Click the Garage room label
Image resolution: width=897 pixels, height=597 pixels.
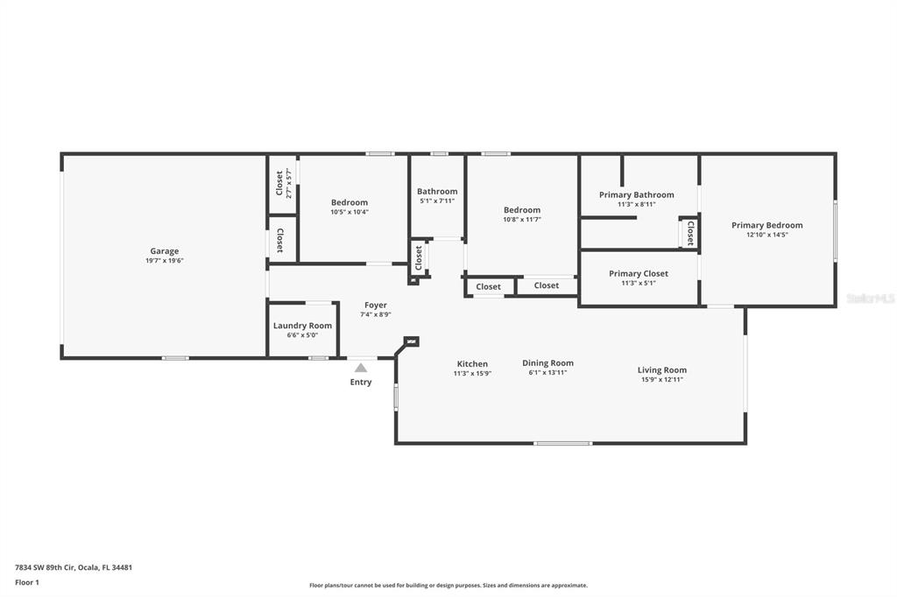[164, 251]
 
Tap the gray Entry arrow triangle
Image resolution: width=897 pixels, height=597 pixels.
[360, 369]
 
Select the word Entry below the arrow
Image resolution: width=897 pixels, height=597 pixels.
[360, 382]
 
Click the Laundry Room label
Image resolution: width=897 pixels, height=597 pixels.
[302, 326]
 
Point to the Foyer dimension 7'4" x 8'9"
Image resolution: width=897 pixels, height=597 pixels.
[375, 314]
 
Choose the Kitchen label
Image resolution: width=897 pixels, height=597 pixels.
[472, 364]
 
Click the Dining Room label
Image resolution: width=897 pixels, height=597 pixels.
[547, 363]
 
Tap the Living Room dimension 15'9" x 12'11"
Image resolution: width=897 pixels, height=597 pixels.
[662, 380]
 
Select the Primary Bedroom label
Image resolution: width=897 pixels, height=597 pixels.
[766, 225]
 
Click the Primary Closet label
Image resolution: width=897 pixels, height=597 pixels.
[638, 273]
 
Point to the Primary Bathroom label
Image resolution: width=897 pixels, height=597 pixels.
[636, 195]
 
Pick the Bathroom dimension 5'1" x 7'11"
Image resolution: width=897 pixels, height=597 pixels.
[437, 200]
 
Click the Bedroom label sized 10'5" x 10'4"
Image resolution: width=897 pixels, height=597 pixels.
[349, 202]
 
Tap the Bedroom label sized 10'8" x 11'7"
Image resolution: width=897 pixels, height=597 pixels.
[522, 210]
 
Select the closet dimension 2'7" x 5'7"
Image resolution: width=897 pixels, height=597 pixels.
[289, 184]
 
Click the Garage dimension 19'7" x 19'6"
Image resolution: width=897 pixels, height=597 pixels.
[164, 261]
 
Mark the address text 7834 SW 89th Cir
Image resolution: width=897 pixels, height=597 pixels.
[46, 568]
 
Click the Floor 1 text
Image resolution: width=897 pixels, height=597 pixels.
[27, 583]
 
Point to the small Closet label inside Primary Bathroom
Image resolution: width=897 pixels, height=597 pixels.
[690, 234]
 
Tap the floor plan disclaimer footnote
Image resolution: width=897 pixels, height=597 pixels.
[448, 586]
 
